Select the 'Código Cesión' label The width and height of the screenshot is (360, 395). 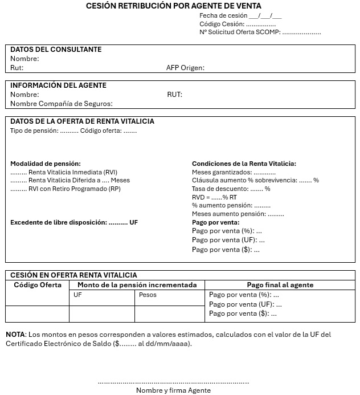pyautogui.click(x=222, y=24)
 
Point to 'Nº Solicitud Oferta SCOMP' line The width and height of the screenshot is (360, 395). pyautogui.click(x=260, y=32)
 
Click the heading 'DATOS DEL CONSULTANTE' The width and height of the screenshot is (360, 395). pyautogui.click(x=56, y=50)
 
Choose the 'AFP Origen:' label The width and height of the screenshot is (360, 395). pyautogui.click(x=185, y=68)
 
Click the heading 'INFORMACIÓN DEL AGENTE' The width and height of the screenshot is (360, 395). pyautogui.click(x=58, y=85)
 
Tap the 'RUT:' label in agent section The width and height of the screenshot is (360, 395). pyautogui.click(x=174, y=95)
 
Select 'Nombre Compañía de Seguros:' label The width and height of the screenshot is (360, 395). pyautogui.click(x=61, y=104)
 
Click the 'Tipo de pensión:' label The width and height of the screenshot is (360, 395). pyautogui.click(x=34, y=131)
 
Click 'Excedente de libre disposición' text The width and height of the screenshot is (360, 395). pyautogui.click(x=59, y=222)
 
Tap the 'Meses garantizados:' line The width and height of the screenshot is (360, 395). pyautogui.click(x=234, y=172)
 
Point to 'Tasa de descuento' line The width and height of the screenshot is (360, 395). pyautogui.click(x=231, y=189)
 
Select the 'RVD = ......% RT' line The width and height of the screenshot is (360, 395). pyautogui.click(x=214, y=197)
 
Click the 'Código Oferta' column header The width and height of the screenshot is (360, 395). pyautogui.click(x=38, y=285)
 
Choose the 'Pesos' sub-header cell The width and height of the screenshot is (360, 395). pyautogui.click(x=148, y=295)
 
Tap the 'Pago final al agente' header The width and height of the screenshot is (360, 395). pyautogui.click(x=280, y=285)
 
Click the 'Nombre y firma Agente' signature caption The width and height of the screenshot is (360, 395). pyautogui.click(x=173, y=390)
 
